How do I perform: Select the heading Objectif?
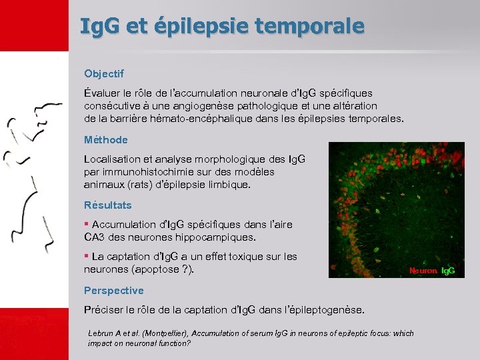click(x=104, y=73)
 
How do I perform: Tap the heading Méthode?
click(x=106, y=140)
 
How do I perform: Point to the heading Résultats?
click(x=108, y=205)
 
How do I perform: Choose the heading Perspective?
click(x=114, y=290)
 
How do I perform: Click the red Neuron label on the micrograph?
click(x=423, y=271)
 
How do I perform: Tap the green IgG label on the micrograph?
click(x=449, y=271)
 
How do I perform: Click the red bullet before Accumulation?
click(x=87, y=224)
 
